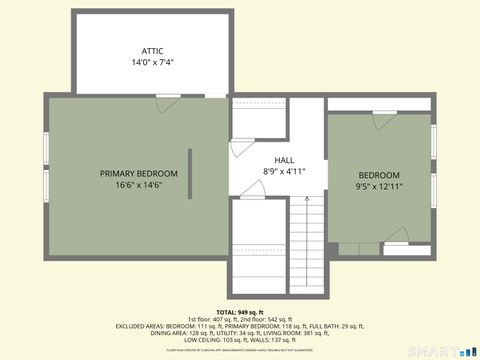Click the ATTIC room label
(x=152, y=51)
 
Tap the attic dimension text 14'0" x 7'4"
(x=152, y=63)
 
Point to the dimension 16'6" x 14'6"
(x=139, y=185)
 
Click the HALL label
(x=284, y=160)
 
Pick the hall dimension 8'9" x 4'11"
(x=284, y=171)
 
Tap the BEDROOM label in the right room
(x=379, y=175)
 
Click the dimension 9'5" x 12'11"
(x=379, y=186)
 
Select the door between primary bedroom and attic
(x=168, y=98)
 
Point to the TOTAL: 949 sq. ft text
(x=240, y=311)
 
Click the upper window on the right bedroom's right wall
(x=433, y=141)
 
